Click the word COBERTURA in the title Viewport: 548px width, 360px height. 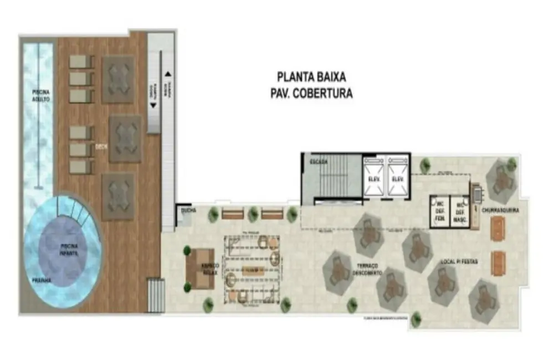[x=326, y=93]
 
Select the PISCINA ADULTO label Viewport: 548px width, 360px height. [x=41, y=95]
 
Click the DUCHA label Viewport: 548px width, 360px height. [x=183, y=212]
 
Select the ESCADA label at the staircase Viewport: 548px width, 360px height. [x=319, y=162]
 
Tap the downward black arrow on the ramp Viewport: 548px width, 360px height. [x=153, y=104]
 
